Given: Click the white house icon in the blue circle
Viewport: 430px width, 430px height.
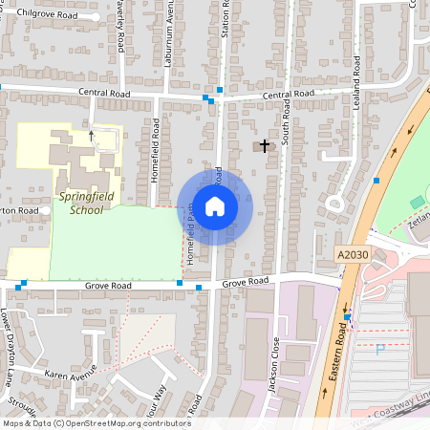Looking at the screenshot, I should tap(215, 205).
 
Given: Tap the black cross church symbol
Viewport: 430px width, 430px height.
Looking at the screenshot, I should tap(265, 145).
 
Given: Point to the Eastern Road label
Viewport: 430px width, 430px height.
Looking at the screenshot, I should tap(337, 349).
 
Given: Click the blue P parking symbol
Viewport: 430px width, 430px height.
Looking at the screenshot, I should tap(380, 350).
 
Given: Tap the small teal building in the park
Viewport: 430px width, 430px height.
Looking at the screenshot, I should tap(416, 202).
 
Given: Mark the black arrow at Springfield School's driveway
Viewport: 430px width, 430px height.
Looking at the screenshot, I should tap(92, 135).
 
